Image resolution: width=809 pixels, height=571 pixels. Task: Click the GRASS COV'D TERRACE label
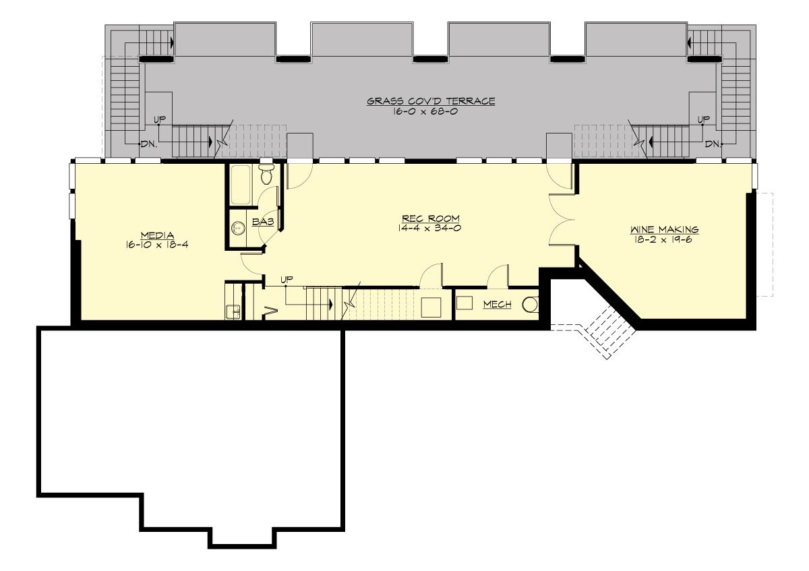point(431,101)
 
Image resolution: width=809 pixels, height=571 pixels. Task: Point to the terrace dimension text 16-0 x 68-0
point(431,111)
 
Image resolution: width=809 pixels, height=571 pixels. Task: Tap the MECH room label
point(497,305)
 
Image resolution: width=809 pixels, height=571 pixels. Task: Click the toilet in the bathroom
point(267,175)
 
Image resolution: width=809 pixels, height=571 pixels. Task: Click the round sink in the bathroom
point(237,228)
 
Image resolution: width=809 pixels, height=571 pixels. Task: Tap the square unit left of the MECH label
point(465,303)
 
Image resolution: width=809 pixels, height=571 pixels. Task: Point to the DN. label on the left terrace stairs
point(148,144)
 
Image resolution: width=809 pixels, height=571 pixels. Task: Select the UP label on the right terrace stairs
point(703,119)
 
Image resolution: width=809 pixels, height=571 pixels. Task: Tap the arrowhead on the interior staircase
point(332,304)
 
